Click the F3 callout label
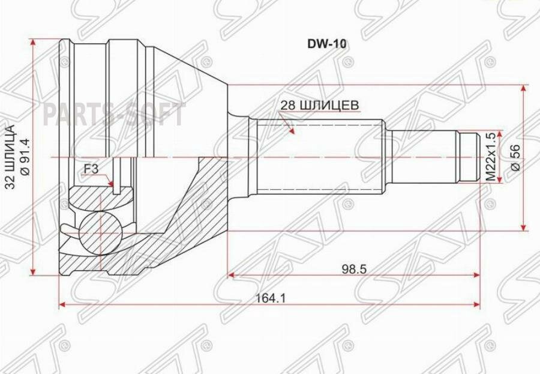point(91,169)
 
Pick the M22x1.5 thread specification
point(490,157)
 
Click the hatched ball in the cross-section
point(100,231)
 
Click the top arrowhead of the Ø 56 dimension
point(524,89)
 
